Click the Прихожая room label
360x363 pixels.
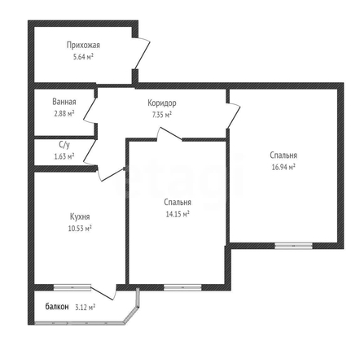pos(83,45)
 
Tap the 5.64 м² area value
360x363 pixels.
pos(83,57)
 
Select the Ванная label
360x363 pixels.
pos(64,102)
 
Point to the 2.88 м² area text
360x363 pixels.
pos(64,113)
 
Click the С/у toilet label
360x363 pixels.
pos(64,145)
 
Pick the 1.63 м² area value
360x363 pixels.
pos(64,156)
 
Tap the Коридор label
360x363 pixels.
pos(162,103)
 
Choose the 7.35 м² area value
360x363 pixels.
pos(162,115)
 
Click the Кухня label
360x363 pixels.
pos(80,216)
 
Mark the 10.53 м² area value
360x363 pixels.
pos(80,229)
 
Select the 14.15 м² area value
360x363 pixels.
pos(178,214)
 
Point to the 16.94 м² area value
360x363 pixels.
pos(283,167)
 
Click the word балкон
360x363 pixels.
pos(57,307)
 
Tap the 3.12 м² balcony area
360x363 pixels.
pos(85,308)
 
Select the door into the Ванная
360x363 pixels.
pos(90,110)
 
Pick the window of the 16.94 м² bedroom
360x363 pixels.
pos(293,246)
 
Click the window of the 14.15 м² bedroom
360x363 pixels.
pos(182,287)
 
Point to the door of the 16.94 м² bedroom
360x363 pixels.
pos(234,116)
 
